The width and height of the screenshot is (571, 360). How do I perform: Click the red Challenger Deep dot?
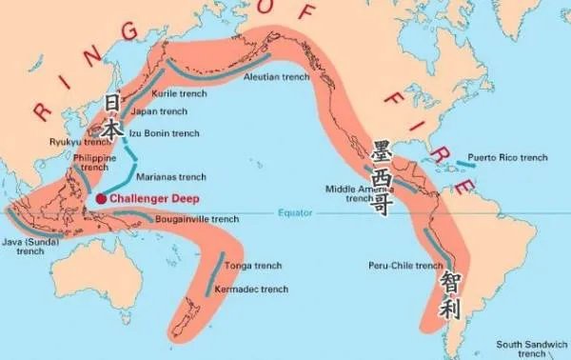(x=101, y=198)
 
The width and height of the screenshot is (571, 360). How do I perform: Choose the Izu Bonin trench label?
(x=164, y=133)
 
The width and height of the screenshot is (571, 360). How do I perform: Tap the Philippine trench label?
(x=95, y=162)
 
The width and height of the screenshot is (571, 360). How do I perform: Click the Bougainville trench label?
(x=197, y=219)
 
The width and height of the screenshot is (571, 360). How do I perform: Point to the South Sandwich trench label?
(x=532, y=349)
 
